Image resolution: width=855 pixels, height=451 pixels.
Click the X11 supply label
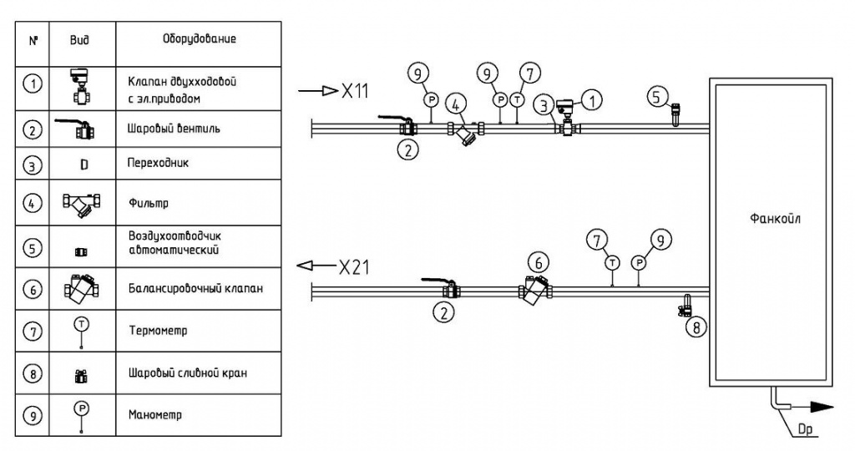click(354, 90)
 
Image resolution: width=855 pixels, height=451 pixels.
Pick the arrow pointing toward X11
click(317, 90)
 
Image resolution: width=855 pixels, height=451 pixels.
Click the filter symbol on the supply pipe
click(465, 133)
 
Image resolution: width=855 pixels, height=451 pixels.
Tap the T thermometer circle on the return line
click(612, 263)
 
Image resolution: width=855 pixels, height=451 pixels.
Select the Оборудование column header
click(199, 39)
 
